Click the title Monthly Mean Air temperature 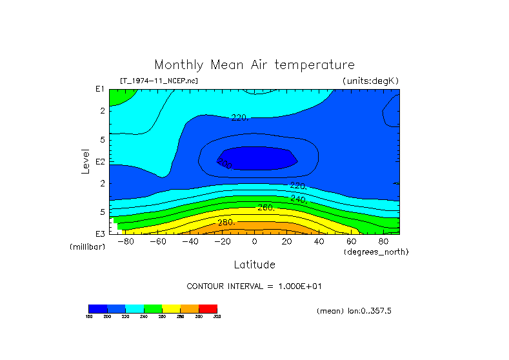tap(254, 65)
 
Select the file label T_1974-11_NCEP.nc tap(159, 81)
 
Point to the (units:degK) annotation tap(370, 81)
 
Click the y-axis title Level tap(85, 161)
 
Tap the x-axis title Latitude tap(254, 265)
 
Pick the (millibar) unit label tap(87, 247)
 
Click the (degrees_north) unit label tap(376, 252)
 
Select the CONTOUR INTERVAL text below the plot tap(259, 286)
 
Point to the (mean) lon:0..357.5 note tap(354, 311)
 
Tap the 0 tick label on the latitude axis tap(254, 242)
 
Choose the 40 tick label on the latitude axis tap(319, 242)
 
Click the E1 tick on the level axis tap(100, 89)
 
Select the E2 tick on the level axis tap(100, 161)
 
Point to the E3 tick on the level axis tap(100, 234)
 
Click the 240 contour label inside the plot tap(298, 199)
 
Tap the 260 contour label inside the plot tap(266, 208)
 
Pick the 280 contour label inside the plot tap(225, 223)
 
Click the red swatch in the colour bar tap(208, 308)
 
